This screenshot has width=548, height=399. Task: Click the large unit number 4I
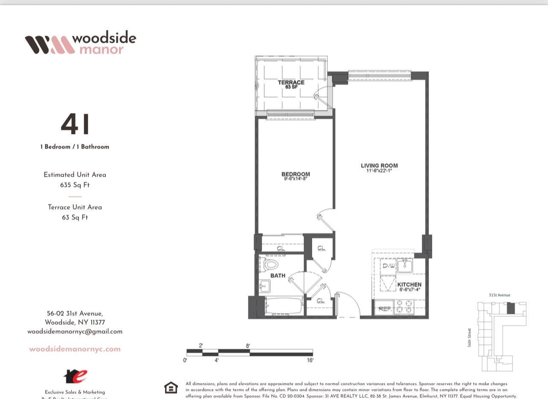76,124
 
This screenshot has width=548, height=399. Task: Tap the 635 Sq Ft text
75,185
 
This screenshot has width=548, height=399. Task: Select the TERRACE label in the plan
291,82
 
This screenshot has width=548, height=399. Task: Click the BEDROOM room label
295,174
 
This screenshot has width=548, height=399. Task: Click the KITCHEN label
409,285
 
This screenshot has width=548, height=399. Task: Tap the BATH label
277,276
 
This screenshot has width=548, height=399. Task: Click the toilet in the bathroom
269,264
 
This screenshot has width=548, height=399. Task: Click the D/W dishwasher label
388,265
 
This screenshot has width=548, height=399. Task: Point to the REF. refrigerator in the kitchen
384,309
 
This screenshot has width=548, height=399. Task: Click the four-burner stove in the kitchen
403,307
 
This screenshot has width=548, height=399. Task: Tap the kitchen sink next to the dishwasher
404,266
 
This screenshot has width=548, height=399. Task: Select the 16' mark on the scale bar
310,360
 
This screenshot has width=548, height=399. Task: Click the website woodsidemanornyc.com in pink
75,349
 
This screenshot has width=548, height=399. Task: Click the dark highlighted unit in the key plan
510,308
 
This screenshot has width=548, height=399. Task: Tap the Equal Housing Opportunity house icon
171,387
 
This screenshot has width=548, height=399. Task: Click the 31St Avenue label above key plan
499,295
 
